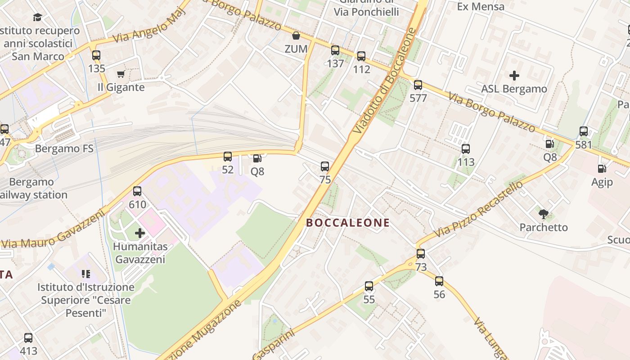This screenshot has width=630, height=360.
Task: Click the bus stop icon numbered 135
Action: [x=96, y=55]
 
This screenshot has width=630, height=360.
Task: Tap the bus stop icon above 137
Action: [x=335, y=50]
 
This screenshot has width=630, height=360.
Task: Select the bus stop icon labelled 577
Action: [x=418, y=85]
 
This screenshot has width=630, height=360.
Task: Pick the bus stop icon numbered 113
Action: [x=466, y=149]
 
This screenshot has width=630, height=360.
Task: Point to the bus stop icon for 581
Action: [x=584, y=131]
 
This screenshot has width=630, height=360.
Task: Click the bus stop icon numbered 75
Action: [x=325, y=166]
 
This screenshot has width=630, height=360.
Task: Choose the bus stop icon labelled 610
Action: [x=137, y=191]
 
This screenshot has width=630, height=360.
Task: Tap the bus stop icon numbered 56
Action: [x=439, y=281]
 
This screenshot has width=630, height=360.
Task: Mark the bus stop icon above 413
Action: [x=28, y=337]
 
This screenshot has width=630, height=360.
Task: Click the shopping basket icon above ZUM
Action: [x=296, y=36]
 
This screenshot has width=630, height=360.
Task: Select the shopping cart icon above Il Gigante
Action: [x=121, y=74]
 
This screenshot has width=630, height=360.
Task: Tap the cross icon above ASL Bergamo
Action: [x=514, y=76]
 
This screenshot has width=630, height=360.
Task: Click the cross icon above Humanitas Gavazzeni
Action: [x=140, y=233]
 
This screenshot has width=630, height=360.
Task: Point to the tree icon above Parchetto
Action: [x=544, y=214]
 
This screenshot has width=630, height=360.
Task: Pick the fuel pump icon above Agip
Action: [x=602, y=169]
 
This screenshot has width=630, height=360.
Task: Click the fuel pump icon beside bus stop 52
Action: [x=257, y=158]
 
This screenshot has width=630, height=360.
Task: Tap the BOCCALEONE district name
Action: [x=348, y=223]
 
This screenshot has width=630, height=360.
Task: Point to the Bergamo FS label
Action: [x=64, y=148]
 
